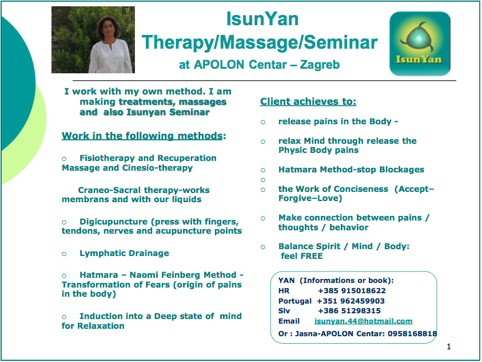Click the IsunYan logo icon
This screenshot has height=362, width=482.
click(420, 44)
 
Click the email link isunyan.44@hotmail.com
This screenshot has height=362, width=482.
click(363, 321)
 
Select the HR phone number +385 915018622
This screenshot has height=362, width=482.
click(352, 290)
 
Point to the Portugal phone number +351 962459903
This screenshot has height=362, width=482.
click(350, 301)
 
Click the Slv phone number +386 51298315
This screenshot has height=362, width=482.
click(349, 310)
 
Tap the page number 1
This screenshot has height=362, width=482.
click(449, 347)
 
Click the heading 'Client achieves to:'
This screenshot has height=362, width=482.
click(308, 101)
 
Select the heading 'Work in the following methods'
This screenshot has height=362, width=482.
click(142, 136)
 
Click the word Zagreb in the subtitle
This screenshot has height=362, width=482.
click(320, 65)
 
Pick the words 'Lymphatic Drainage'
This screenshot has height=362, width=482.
click(124, 253)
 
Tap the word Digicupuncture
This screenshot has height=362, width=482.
click(114, 222)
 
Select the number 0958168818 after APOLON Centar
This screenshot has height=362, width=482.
click(412, 333)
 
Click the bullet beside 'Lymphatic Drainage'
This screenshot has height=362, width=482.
click(64, 254)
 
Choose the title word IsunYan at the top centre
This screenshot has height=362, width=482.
click(262, 19)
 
